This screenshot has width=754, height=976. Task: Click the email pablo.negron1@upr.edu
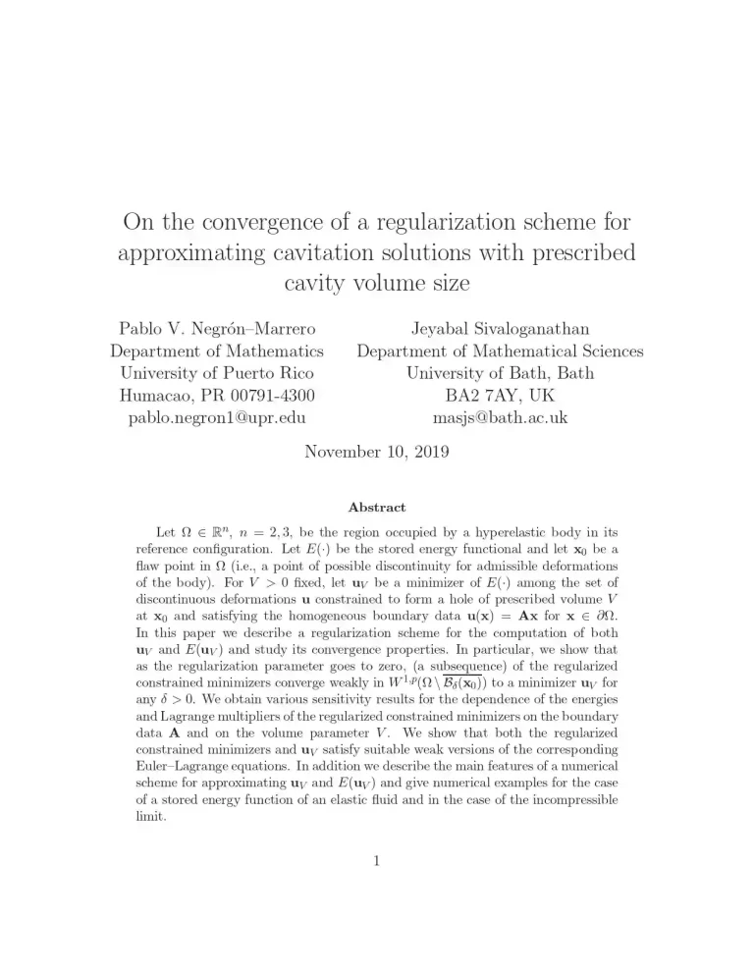pos(217,417)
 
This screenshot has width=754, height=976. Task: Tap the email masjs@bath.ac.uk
pos(501,417)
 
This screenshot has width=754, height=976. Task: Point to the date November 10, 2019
pos(376,453)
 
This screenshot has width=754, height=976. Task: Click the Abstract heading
pos(377,508)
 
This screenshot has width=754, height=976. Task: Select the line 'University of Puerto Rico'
pos(217,373)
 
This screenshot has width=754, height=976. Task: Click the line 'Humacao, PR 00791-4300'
pos(217,396)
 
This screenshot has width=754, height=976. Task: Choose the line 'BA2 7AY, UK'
pos(501,396)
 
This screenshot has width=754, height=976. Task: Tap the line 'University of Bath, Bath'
pos(501,373)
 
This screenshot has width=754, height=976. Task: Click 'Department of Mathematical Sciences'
pos(501,351)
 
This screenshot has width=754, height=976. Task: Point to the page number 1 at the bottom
pos(377,863)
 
